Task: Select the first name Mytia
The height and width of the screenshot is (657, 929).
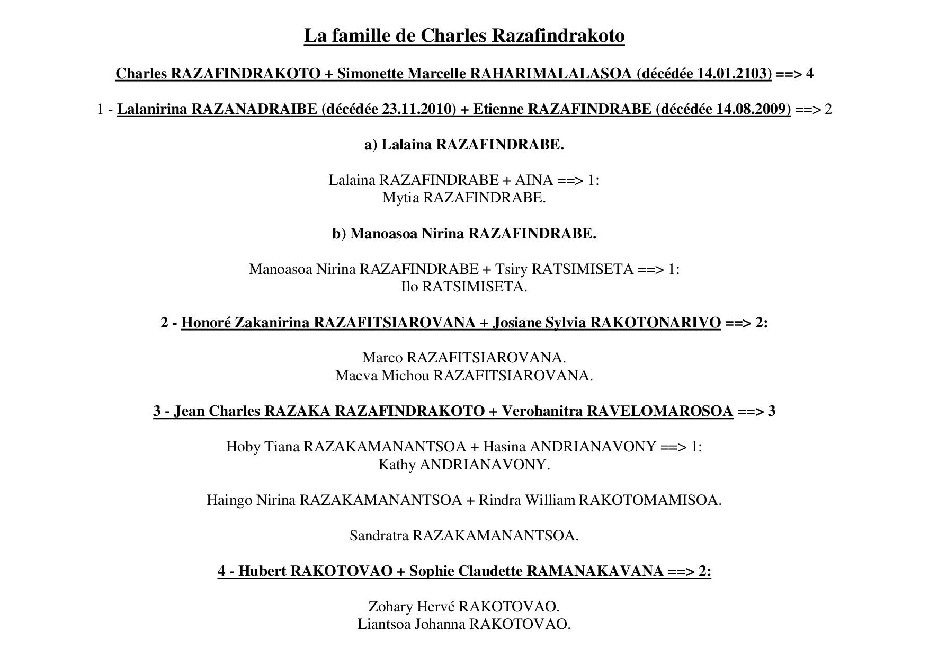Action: [x=400, y=198]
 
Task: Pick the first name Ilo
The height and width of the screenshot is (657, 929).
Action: [x=409, y=287]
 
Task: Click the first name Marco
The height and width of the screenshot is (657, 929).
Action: [x=382, y=358]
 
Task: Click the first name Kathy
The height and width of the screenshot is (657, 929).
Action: [x=397, y=465]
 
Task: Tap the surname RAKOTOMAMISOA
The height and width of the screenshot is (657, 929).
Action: [x=650, y=500]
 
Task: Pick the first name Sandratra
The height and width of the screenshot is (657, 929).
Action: [x=379, y=536]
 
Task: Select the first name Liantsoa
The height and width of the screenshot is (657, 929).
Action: [x=384, y=624]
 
